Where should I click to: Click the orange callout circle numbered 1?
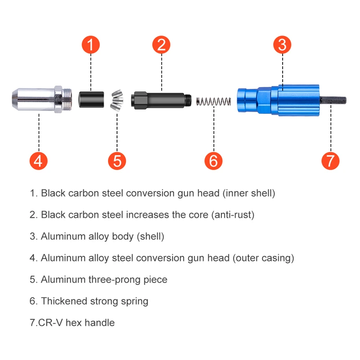pos(90,45)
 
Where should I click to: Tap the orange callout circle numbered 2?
pos(162,45)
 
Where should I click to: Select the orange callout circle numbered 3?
pos(282,45)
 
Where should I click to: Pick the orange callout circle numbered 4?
pos(39,161)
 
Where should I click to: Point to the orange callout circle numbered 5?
pos(117,161)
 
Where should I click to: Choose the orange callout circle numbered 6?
pos(213,161)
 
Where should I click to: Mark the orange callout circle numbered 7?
pos(330,161)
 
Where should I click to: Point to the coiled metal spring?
pos(213,100)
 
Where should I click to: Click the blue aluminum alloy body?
pos(279,100)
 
